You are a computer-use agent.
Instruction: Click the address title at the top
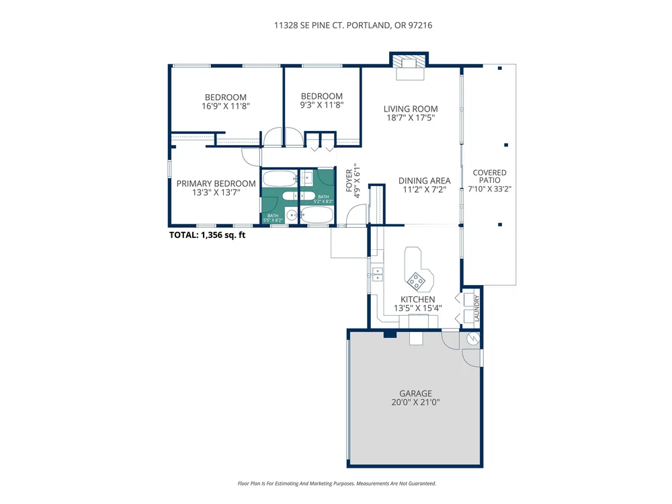tap(353, 26)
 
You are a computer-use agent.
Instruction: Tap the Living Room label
tap(411, 109)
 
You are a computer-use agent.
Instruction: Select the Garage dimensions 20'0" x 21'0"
tap(415, 403)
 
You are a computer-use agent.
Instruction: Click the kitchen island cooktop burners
tap(416, 281)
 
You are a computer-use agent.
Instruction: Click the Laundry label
tap(477, 308)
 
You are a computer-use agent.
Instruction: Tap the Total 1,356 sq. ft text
tap(208, 235)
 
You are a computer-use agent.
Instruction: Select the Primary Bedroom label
tap(216, 183)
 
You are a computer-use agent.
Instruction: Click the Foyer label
tap(349, 180)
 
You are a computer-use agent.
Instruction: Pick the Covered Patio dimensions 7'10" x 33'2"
tap(489, 189)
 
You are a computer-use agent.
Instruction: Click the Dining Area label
tap(424, 181)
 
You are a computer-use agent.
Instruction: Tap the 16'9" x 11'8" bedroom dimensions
tap(225, 106)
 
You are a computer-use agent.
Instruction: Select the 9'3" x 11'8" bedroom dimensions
tap(321, 105)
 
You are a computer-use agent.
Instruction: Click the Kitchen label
tap(417, 299)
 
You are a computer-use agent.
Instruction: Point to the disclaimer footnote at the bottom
tap(337, 483)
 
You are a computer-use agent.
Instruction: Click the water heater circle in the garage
tap(473, 339)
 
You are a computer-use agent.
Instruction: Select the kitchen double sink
tap(378, 274)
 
